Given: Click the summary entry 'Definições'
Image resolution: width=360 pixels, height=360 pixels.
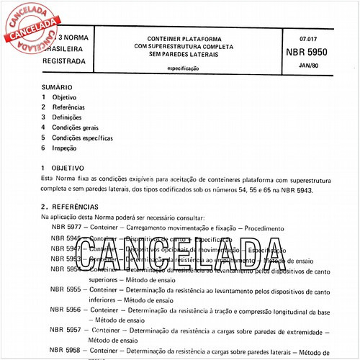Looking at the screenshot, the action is coord(67,117).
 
